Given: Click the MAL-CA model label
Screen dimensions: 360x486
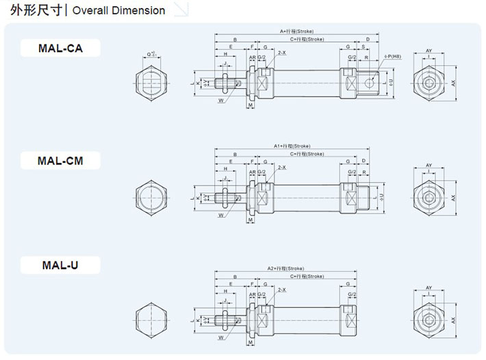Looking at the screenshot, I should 60,48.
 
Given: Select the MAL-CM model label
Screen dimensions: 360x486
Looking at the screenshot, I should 60,161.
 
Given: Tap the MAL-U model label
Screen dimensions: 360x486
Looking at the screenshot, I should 60,265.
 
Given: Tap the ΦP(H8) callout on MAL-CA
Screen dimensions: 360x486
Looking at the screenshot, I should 394,57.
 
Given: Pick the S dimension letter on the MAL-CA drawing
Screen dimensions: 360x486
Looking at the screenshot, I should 363,48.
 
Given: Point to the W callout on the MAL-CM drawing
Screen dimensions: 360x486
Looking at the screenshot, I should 221,215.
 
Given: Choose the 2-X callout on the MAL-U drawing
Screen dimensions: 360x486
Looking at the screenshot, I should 282,290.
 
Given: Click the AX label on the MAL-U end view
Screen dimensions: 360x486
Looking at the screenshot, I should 453,320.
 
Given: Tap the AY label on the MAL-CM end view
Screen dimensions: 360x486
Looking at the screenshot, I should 429,166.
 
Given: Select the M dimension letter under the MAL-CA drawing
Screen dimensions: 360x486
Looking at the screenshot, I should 251,106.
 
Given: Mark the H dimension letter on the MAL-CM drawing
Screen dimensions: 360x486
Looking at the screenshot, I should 225,168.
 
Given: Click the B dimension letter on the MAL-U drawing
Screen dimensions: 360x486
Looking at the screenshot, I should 234,277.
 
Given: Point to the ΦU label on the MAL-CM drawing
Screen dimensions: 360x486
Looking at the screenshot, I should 391,196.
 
